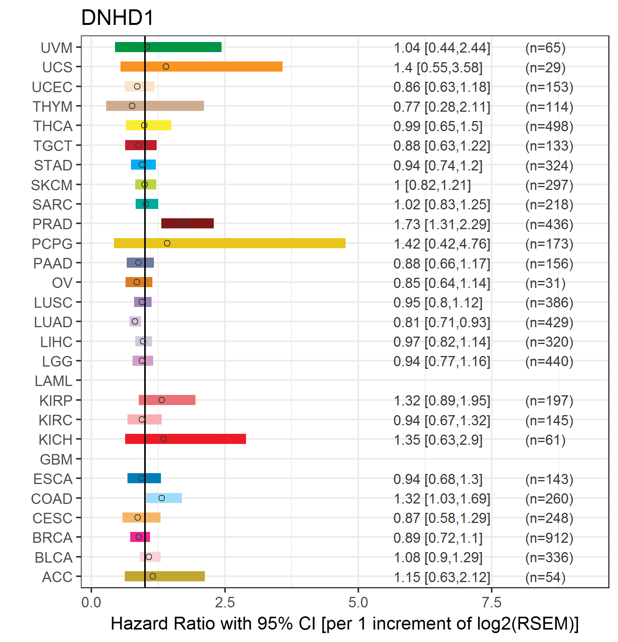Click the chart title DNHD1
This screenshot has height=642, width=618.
(117, 18)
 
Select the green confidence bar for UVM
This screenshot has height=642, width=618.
(168, 47)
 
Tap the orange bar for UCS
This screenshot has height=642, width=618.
(201, 67)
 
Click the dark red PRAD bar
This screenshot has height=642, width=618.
(187, 223)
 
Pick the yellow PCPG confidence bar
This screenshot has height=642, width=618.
(230, 243)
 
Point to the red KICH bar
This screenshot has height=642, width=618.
(185, 439)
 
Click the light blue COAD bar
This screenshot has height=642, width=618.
(164, 498)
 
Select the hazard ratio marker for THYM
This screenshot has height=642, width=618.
(132, 106)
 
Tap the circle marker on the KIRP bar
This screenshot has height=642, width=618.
(162, 400)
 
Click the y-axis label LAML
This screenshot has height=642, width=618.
(54, 381)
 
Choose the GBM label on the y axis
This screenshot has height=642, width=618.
(56, 460)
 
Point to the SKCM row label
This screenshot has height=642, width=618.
(52, 185)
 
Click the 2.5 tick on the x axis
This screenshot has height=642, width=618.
(225, 603)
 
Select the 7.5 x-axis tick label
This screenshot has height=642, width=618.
(492, 603)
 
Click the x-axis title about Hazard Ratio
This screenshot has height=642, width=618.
(345, 624)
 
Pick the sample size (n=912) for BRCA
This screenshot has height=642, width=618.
(549, 538)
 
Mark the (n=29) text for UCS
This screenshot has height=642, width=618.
(545, 68)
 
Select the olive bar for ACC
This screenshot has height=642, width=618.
(165, 576)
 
